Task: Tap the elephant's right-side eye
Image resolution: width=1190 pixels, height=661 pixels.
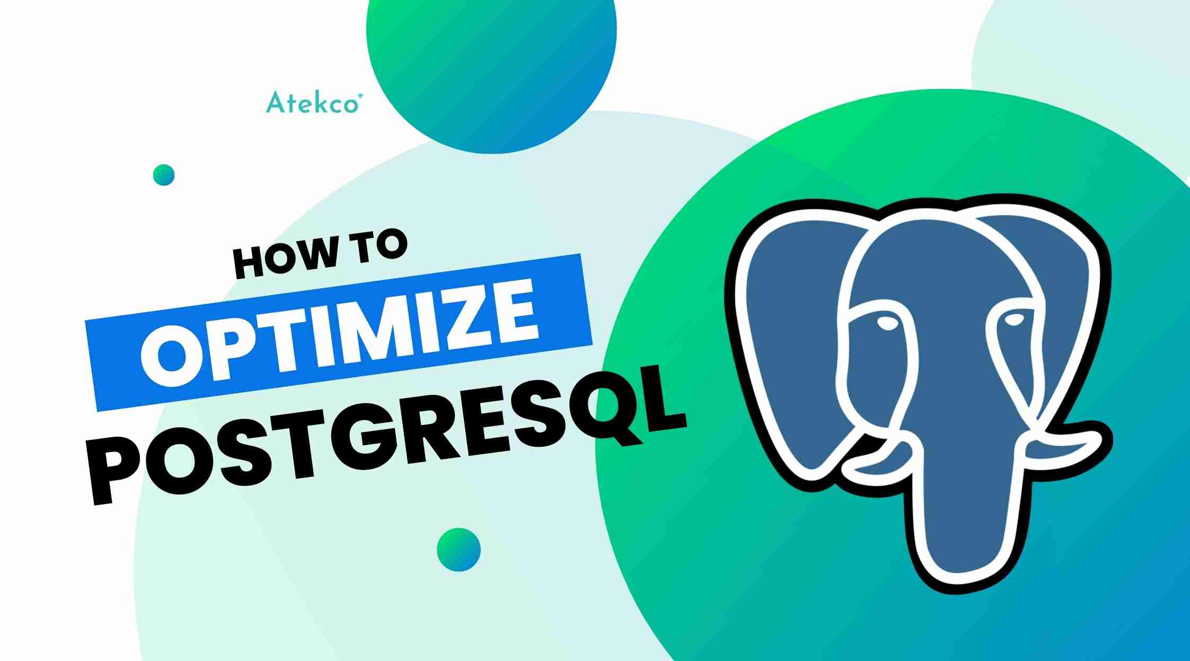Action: tap(1015, 320)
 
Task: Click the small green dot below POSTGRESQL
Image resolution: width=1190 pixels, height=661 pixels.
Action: tap(459, 550)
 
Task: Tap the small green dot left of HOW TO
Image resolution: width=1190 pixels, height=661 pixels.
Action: tap(164, 175)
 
